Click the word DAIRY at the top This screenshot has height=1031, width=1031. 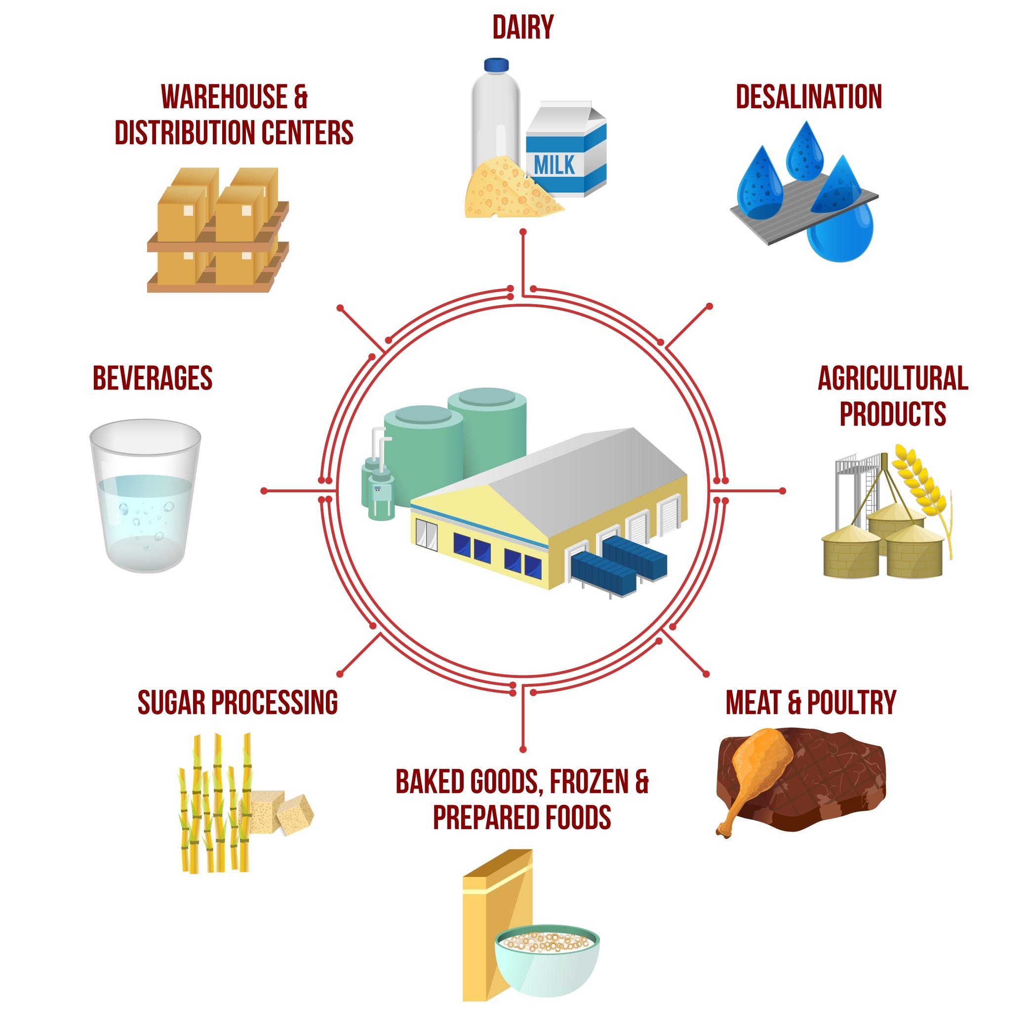click(522, 28)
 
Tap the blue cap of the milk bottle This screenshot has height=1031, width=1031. click(496, 65)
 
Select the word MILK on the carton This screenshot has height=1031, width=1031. click(555, 165)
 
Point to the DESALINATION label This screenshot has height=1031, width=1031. click(808, 97)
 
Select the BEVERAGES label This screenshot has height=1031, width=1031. click(153, 378)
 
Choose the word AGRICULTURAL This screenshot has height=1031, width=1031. click(893, 378)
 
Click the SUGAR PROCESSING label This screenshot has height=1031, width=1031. click(238, 702)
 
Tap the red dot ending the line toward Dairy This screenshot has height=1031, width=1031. click(523, 232)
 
